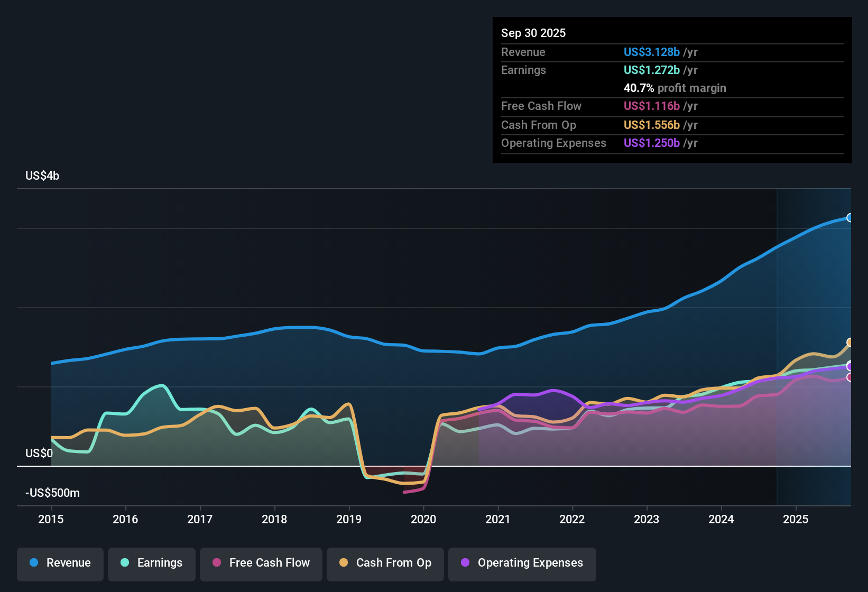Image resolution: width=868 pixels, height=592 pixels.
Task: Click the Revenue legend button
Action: tap(60, 563)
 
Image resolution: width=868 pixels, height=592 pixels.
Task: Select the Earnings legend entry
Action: tap(152, 563)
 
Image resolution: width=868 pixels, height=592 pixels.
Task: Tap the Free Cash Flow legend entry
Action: tap(261, 563)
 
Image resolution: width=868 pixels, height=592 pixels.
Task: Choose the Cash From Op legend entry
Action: tap(385, 563)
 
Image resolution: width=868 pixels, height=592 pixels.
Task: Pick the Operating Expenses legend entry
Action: tap(522, 563)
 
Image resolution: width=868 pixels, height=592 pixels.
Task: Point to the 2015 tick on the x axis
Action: tap(51, 519)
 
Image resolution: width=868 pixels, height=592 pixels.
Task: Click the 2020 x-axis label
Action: tap(423, 519)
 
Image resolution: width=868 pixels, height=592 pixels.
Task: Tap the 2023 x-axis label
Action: tap(647, 519)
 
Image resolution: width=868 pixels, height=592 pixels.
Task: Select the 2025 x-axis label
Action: tap(796, 519)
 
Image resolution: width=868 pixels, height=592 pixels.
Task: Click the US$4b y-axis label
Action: tap(42, 176)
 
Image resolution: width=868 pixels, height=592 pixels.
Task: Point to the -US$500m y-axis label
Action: tap(52, 493)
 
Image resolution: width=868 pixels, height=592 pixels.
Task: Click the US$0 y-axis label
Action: tap(39, 454)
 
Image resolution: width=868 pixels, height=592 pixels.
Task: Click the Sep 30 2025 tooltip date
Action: tap(533, 33)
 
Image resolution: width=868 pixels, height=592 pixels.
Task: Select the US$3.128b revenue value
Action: tap(651, 52)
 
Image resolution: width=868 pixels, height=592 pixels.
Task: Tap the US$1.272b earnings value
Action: tap(651, 70)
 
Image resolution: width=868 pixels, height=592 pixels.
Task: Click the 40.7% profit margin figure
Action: tap(639, 88)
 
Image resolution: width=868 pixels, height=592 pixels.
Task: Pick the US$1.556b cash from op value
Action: tap(651, 125)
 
